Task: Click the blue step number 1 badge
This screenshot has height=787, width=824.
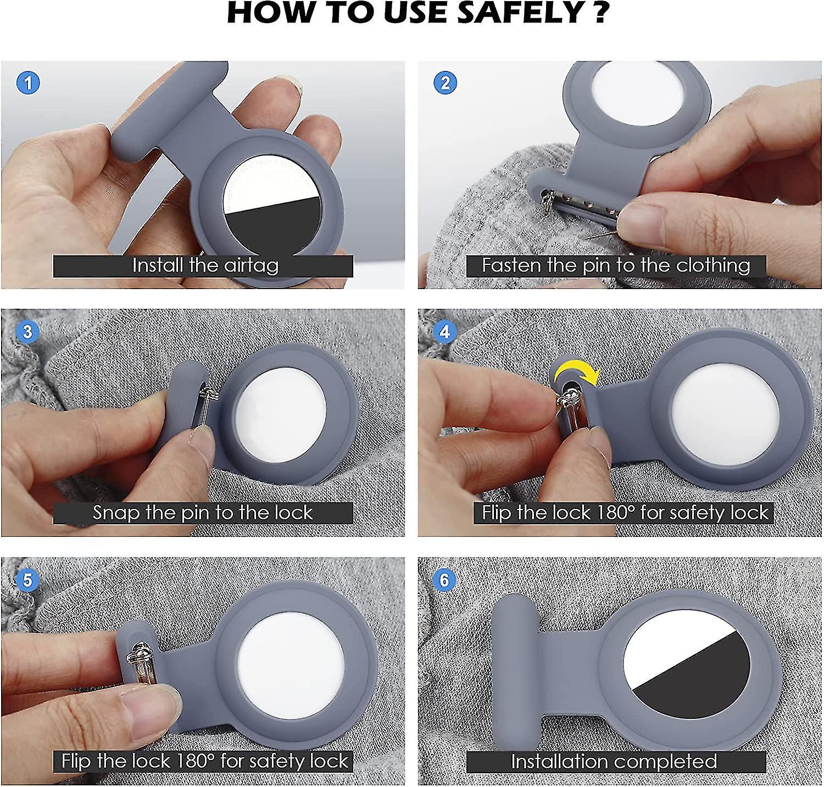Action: (x=28, y=83)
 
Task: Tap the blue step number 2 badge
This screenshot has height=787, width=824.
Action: (x=445, y=83)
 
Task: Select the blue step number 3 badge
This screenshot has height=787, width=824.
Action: (x=28, y=332)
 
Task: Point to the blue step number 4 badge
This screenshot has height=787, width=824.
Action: (x=445, y=332)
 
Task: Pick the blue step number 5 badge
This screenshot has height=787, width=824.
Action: (x=28, y=580)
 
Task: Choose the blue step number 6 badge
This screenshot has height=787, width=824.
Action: (x=445, y=580)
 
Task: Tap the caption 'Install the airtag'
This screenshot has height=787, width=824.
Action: (x=205, y=265)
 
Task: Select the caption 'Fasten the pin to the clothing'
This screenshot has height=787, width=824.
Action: (x=616, y=265)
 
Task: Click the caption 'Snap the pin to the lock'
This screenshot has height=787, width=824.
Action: (x=203, y=513)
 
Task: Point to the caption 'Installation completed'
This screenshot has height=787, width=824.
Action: (x=614, y=761)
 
